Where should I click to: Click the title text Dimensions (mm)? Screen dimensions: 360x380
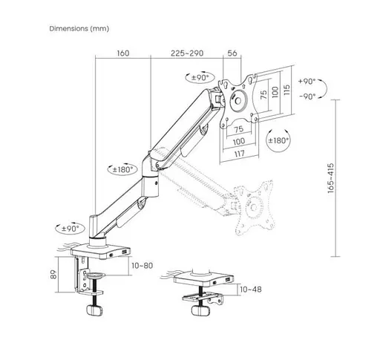click(79, 29)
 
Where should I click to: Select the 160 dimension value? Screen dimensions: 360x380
click(123, 53)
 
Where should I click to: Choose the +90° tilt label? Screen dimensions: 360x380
click(306, 82)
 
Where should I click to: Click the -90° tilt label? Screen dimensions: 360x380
click(306, 96)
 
